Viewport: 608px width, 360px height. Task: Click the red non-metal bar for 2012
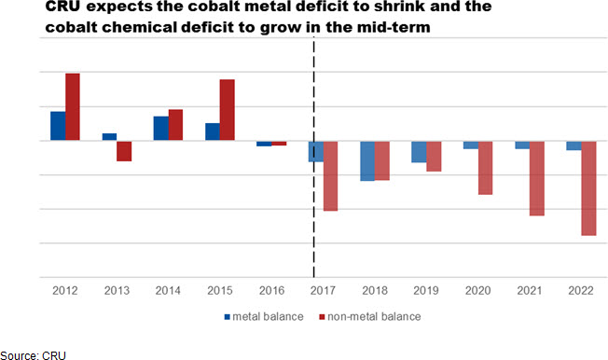click(73, 106)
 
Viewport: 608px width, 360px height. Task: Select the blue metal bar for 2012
click(58, 126)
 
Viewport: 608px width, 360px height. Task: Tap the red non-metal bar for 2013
click(124, 151)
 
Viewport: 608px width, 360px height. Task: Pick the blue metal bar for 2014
click(161, 128)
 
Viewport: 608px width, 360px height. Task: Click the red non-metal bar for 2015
click(228, 110)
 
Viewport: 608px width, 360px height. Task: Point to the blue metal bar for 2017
click(316, 152)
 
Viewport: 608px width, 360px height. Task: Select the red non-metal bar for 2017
click(330, 176)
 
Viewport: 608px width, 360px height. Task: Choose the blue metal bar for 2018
click(367, 161)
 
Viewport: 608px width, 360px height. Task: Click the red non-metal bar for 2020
click(486, 168)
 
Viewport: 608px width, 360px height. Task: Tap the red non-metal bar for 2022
click(588, 188)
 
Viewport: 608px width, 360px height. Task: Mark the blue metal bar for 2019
click(419, 152)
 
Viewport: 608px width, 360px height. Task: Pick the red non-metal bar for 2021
click(537, 178)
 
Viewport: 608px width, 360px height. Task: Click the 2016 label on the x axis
click(271, 291)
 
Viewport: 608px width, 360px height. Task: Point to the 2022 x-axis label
click(581, 291)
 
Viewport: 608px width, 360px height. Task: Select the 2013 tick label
click(117, 291)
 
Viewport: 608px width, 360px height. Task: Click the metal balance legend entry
click(264, 316)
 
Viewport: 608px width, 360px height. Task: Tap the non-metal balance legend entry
click(370, 316)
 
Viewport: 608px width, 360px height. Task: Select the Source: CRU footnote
click(33, 355)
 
